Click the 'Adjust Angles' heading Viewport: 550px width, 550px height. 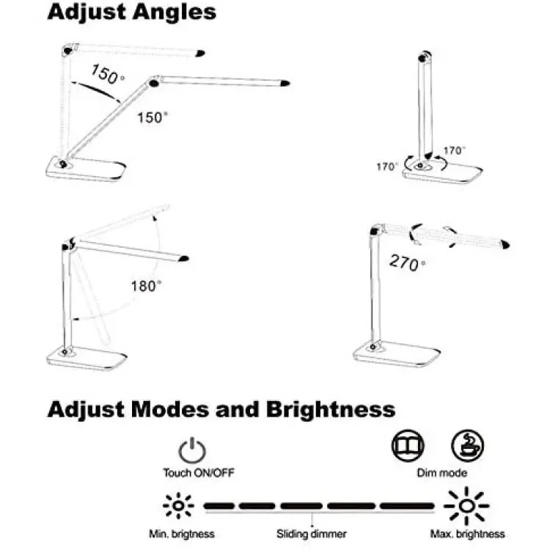click(131, 12)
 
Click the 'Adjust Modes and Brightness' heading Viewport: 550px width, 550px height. click(221, 409)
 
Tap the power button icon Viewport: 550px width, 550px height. click(192, 450)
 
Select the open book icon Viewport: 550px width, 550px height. click(408, 445)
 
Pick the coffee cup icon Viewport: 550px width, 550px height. click(467, 445)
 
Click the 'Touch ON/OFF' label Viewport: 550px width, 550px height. click(199, 473)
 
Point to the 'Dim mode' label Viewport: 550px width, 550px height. click(442, 473)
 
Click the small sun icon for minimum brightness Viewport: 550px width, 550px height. click(178, 505)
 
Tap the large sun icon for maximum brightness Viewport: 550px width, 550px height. click(466, 506)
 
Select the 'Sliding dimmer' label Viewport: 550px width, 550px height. click(312, 534)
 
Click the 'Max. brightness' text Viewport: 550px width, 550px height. click(467, 534)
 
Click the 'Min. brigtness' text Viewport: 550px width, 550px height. click(182, 534)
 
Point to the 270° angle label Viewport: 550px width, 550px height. click(407, 263)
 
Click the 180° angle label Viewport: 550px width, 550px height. click(146, 286)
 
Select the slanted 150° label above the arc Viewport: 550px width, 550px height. click(107, 74)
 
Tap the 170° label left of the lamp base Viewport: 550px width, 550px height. click(387, 166)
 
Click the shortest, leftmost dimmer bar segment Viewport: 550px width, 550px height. click(219, 506)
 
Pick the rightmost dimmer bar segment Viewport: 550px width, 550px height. click(407, 506)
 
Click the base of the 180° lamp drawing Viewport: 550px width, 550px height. click(87, 357)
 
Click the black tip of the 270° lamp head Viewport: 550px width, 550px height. click(505, 244)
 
